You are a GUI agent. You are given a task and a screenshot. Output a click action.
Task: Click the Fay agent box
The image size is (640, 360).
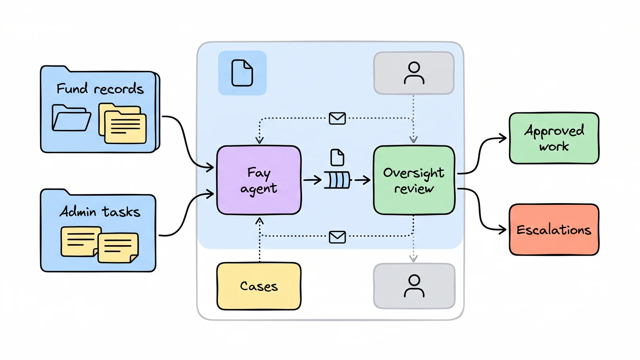click(259, 180)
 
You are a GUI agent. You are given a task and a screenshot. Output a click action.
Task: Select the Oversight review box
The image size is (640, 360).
click(414, 180)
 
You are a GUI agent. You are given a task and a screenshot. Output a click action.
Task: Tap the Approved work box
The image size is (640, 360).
click(554, 138)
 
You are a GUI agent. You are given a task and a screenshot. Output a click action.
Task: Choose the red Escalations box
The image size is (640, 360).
click(554, 230)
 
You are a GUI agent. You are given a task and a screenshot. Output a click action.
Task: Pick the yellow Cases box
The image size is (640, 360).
click(259, 286)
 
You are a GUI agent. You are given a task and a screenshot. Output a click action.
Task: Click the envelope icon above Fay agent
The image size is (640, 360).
click(337, 118)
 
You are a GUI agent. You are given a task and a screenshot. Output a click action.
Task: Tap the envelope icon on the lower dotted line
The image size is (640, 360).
click(337, 237)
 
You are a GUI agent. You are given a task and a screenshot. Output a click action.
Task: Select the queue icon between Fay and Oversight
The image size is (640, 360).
click(337, 180)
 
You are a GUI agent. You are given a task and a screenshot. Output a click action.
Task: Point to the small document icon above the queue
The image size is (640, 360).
click(337, 157)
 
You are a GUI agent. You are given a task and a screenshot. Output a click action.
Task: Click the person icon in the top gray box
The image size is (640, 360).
click(414, 73)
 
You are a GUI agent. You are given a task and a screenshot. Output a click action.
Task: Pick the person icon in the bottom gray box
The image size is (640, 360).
click(414, 286)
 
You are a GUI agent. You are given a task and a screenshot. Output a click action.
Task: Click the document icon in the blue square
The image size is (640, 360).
click(242, 73)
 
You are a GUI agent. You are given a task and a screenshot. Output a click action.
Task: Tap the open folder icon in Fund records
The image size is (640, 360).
click(71, 118)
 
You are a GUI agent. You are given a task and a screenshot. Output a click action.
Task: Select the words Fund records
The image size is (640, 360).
click(100, 88)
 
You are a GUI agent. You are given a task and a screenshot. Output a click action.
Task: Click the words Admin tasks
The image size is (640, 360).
click(100, 212)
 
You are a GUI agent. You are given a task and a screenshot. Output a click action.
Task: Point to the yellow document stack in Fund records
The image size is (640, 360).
click(122, 123)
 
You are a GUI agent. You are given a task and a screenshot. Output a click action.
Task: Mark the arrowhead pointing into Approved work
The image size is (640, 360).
click(503, 138)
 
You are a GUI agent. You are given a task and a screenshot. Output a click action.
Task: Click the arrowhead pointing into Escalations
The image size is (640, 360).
click(502, 230)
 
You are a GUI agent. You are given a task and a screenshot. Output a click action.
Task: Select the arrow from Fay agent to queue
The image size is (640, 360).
click(312, 180)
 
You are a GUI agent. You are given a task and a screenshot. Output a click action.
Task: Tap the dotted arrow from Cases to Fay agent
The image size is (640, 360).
click(260, 240)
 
